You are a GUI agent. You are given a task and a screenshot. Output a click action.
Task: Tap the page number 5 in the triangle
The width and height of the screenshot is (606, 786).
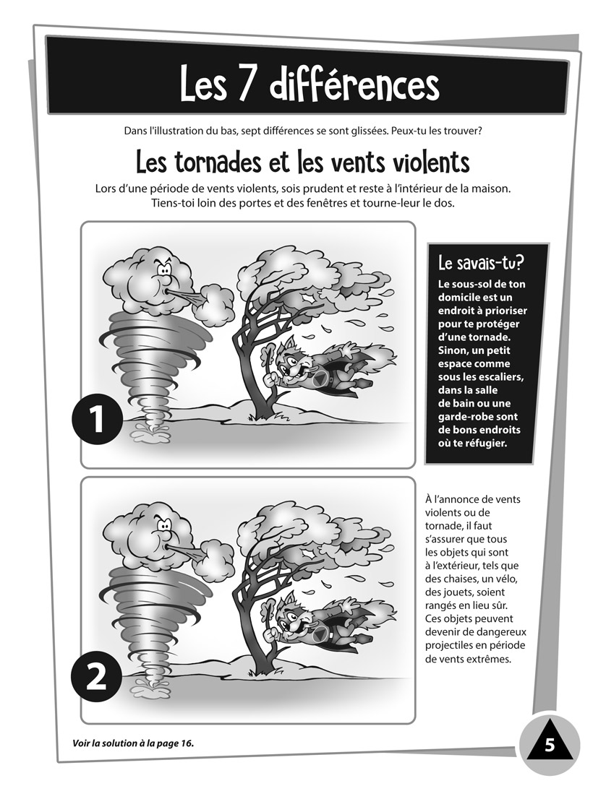pyautogui.click(x=550, y=746)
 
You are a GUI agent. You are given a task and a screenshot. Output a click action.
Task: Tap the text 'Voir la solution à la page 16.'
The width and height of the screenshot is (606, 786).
pyautogui.click(x=134, y=743)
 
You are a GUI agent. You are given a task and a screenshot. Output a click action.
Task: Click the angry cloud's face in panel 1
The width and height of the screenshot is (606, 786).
pyautogui.click(x=163, y=273)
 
